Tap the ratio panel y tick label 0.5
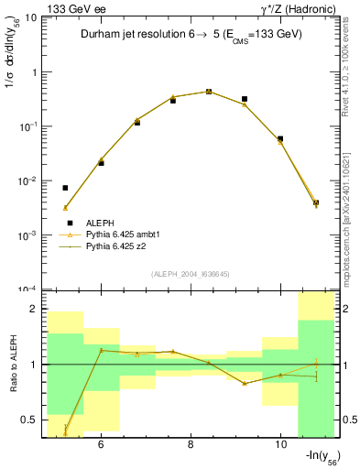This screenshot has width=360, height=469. [x=28, y=420]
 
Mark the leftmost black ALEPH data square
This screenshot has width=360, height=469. [x=65, y=188]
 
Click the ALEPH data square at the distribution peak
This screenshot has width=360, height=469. [x=209, y=92]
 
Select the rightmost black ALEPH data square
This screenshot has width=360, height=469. [x=315, y=202]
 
